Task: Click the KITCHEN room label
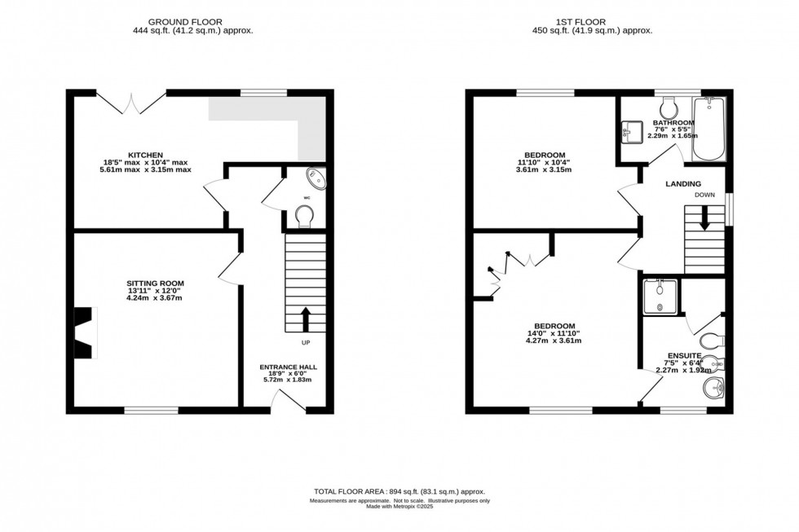click(x=151, y=155)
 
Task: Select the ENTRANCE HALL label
click(x=288, y=367)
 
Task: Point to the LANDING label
click(x=683, y=184)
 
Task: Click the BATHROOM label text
click(x=673, y=123)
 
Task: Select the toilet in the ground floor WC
click(x=305, y=215)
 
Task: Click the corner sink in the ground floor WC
click(x=316, y=178)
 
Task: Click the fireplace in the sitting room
click(x=84, y=332)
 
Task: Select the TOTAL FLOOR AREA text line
click(x=399, y=491)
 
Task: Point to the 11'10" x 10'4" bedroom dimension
click(x=545, y=162)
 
